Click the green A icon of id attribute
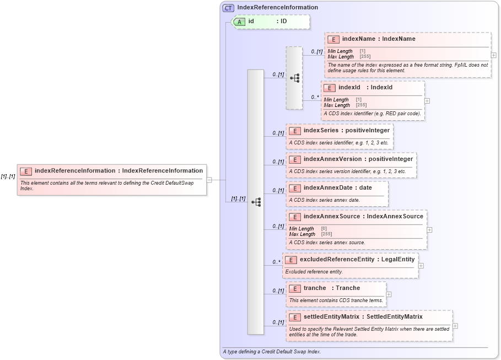pyautogui.click(x=239, y=22)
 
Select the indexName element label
pyautogui.click(x=379, y=39)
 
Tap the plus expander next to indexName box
pyautogui.click(x=493, y=55)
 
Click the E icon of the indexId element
pyautogui.click(x=329, y=88)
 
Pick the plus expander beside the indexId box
pyautogui.click(x=427, y=101)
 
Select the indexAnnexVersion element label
pyautogui.click(x=358, y=159)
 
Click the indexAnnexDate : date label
pyautogui.click(x=337, y=188)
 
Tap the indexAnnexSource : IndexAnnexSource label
pyautogui.click(x=363, y=217)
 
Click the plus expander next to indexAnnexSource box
pyautogui.click(x=429, y=230)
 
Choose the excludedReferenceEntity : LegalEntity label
pyautogui.click(x=357, y=259)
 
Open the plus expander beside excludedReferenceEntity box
pyautogui.click(x=421, y=265)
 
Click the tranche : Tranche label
pyautogui.click(x=331, y=288)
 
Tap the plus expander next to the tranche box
pyautogui.click(x=389, y=294)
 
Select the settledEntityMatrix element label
pyautogui.click(x=363, y=317)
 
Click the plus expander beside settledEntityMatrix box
pyautogui.click(x=455, y=326)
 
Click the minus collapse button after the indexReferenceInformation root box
pyautogui.click(x=209, y=180)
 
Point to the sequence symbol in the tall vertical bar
pyautogui.click(x=256, y=202)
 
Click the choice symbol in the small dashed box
pyautogui.click(x=294, y=78)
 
